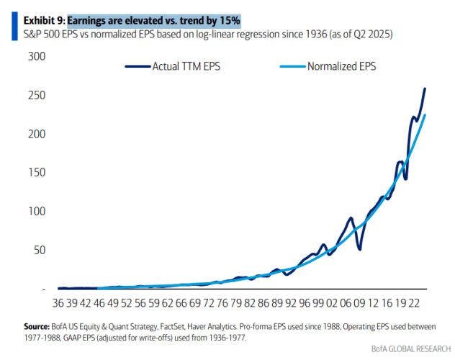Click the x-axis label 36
[60, 305]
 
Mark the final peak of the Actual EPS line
[425, 89]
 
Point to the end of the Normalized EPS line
[425, 114]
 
